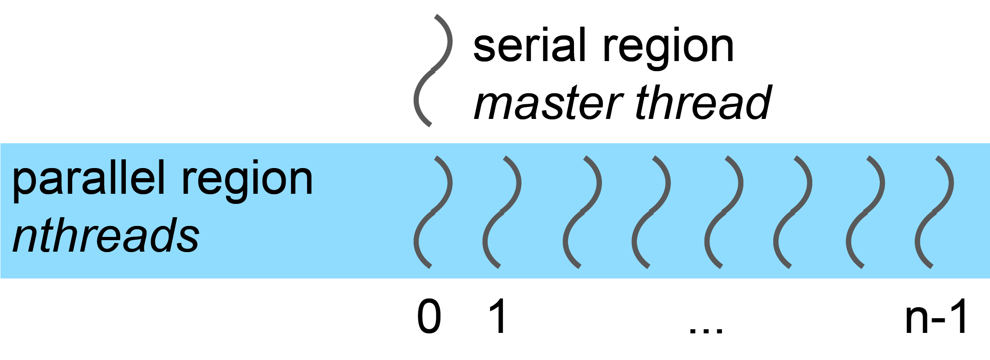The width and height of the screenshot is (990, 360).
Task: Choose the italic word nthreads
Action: tap(106, 235)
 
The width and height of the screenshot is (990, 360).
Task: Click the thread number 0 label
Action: tap(429, 317)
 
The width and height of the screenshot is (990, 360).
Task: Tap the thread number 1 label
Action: tap(498, 317)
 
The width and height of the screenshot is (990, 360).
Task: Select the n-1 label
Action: tap(937, 317)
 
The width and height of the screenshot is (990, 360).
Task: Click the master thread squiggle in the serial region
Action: tap(433, 71)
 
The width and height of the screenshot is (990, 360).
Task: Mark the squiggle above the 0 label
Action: tap(433, 212)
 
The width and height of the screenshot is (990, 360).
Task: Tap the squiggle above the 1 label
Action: tap(501, 212)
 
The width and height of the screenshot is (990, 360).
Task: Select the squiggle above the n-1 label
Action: tap(934, 212)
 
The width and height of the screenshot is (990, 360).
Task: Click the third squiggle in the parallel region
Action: tap(582, 212)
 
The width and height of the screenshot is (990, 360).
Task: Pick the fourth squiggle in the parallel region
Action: tap(651, 212)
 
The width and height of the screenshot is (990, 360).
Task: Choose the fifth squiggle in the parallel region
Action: tap(723, 212)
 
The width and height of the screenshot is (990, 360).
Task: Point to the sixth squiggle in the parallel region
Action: tap(792, 212)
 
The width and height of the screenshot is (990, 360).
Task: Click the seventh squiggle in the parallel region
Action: tap(865, 212)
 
